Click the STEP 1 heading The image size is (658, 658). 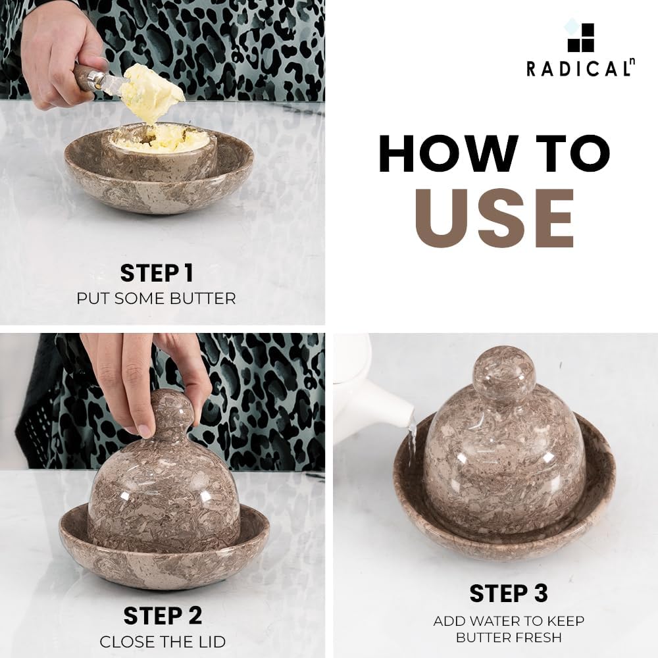(157, 273)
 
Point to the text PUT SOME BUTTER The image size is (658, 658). (156, 299)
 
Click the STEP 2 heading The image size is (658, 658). (163, 616)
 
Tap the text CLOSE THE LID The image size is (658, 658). (163, 642)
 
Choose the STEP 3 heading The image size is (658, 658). (509, 594)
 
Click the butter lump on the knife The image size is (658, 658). (153, 92)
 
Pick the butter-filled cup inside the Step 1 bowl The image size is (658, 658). (159, 151)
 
